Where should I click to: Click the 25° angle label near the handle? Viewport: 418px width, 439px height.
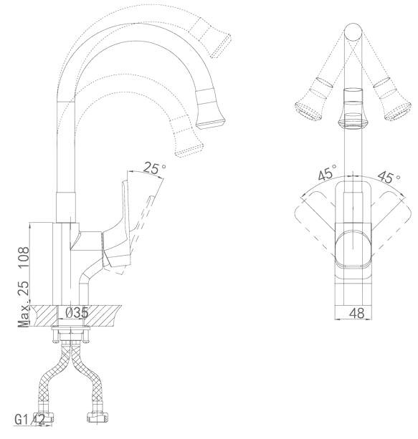pos(154,168)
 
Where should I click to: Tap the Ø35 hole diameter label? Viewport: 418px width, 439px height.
pos(77,313)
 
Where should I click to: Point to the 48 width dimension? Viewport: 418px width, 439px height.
pos(357,313)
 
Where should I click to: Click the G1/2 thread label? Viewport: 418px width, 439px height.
pos(29,420)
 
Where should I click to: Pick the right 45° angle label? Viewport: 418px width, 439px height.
pos(389,176)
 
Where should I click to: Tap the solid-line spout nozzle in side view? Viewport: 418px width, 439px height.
pos(210,108)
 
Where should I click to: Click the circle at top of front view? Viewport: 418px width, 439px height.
pos(353,32)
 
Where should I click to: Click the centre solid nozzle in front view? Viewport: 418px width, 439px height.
pos(353,109)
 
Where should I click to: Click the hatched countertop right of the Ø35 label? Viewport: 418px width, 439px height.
pos(104,316)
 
